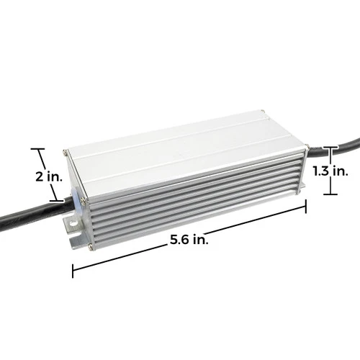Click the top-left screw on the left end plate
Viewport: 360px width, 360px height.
pyautogui.click(x=66, y=153)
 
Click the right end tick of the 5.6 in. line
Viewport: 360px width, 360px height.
pyautogui.click(x=306, y=207)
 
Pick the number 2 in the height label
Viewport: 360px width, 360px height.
pyautogui.click(x=22, y=176)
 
